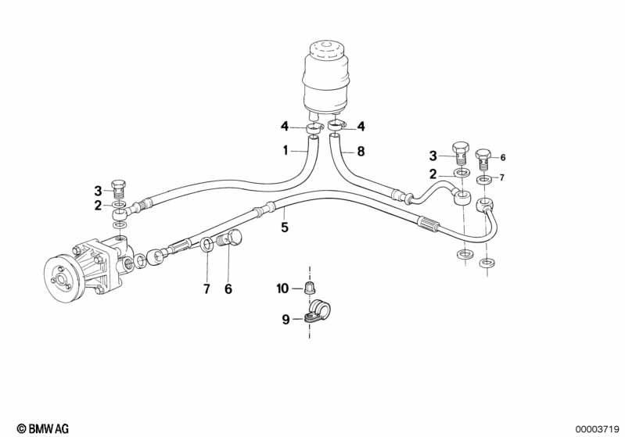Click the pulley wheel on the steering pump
coord(62,274)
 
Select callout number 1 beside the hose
coord(286,149)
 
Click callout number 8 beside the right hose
coord(361,152)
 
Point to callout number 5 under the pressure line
coord(285,227)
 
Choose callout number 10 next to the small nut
coord(283,289)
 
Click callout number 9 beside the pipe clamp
coord(286,318)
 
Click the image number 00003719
coord(598,428)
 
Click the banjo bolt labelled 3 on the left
coord(119,188)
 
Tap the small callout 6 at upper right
coord(503,156)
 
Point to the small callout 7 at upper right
coord(503,177)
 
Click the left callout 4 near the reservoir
coord(286,125)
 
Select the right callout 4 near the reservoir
coord(361,125)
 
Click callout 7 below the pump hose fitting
coord(207,288)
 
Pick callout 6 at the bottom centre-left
coord(228,288)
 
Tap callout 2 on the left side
coord(98,206)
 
